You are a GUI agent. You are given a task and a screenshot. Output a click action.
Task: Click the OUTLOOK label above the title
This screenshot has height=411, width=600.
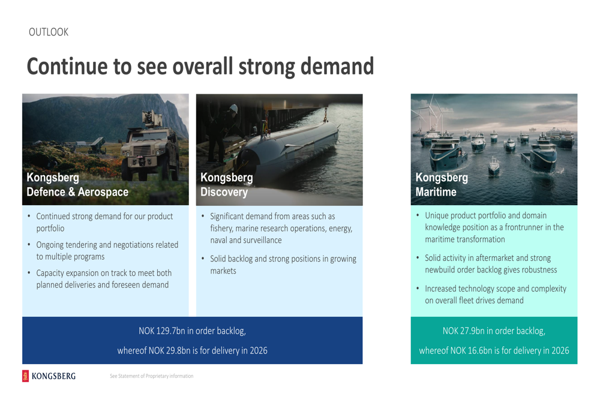(49, 32)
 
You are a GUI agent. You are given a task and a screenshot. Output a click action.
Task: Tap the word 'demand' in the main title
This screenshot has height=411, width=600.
(337, 66)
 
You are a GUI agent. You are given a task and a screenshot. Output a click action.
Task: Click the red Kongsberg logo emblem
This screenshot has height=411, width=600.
(25, 376)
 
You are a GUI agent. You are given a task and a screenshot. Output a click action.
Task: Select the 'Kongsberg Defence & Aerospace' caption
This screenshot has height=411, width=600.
(77, 184)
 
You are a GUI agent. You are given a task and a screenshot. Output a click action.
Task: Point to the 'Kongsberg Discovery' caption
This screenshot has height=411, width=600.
(227, 184)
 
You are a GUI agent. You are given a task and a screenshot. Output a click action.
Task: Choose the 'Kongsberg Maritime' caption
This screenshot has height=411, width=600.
(442, 184)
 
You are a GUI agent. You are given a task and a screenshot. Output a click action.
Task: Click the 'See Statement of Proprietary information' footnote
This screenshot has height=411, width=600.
(152, 376)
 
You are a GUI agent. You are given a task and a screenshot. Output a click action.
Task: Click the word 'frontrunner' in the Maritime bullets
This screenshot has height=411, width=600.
(527, 227)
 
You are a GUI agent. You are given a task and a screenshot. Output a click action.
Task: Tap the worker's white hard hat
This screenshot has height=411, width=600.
(234, 109)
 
